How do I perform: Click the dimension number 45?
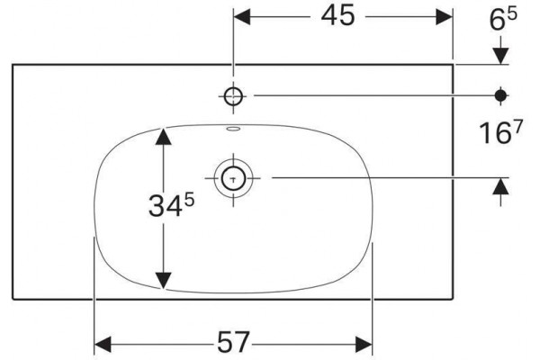[x=337, y=16]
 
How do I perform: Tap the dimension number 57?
[x=233, y=342]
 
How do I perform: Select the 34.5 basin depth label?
[x=171, y=206]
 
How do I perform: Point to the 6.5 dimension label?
[x=503, y=19]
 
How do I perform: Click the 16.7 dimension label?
[x=500, y=132]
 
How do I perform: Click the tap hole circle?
[x=233, y=96]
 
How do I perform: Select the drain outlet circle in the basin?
[x=233, y=178]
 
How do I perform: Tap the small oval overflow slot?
[x=233, y=130]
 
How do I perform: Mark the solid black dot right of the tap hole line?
[x=500, y=95]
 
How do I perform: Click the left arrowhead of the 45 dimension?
[x=242, y=16]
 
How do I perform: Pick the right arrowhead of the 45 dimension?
[x=444, y=16]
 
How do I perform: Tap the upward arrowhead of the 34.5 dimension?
[x=163, y=136]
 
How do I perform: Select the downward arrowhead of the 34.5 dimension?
[x=163, y=280]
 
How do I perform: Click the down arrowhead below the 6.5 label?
[x=500, y=56]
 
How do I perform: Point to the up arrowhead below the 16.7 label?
[x=500, y=186]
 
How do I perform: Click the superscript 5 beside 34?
[x=189, y=200]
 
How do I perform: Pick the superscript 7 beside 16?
[x=517, y=125]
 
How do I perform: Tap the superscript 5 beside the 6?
[x=512, y=14]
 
